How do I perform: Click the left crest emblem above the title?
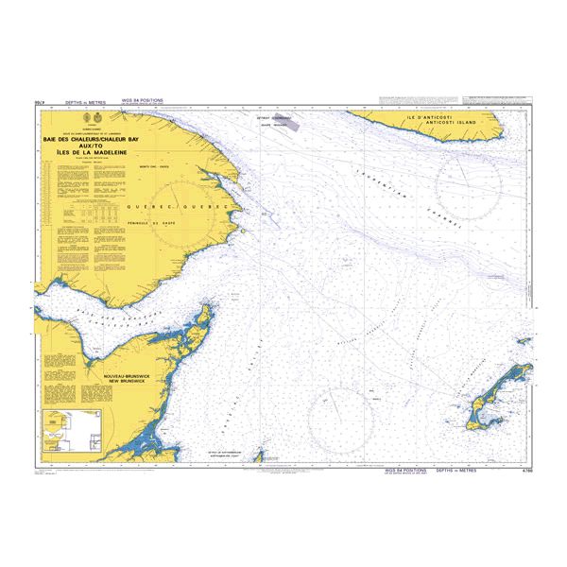click(79, 119)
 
